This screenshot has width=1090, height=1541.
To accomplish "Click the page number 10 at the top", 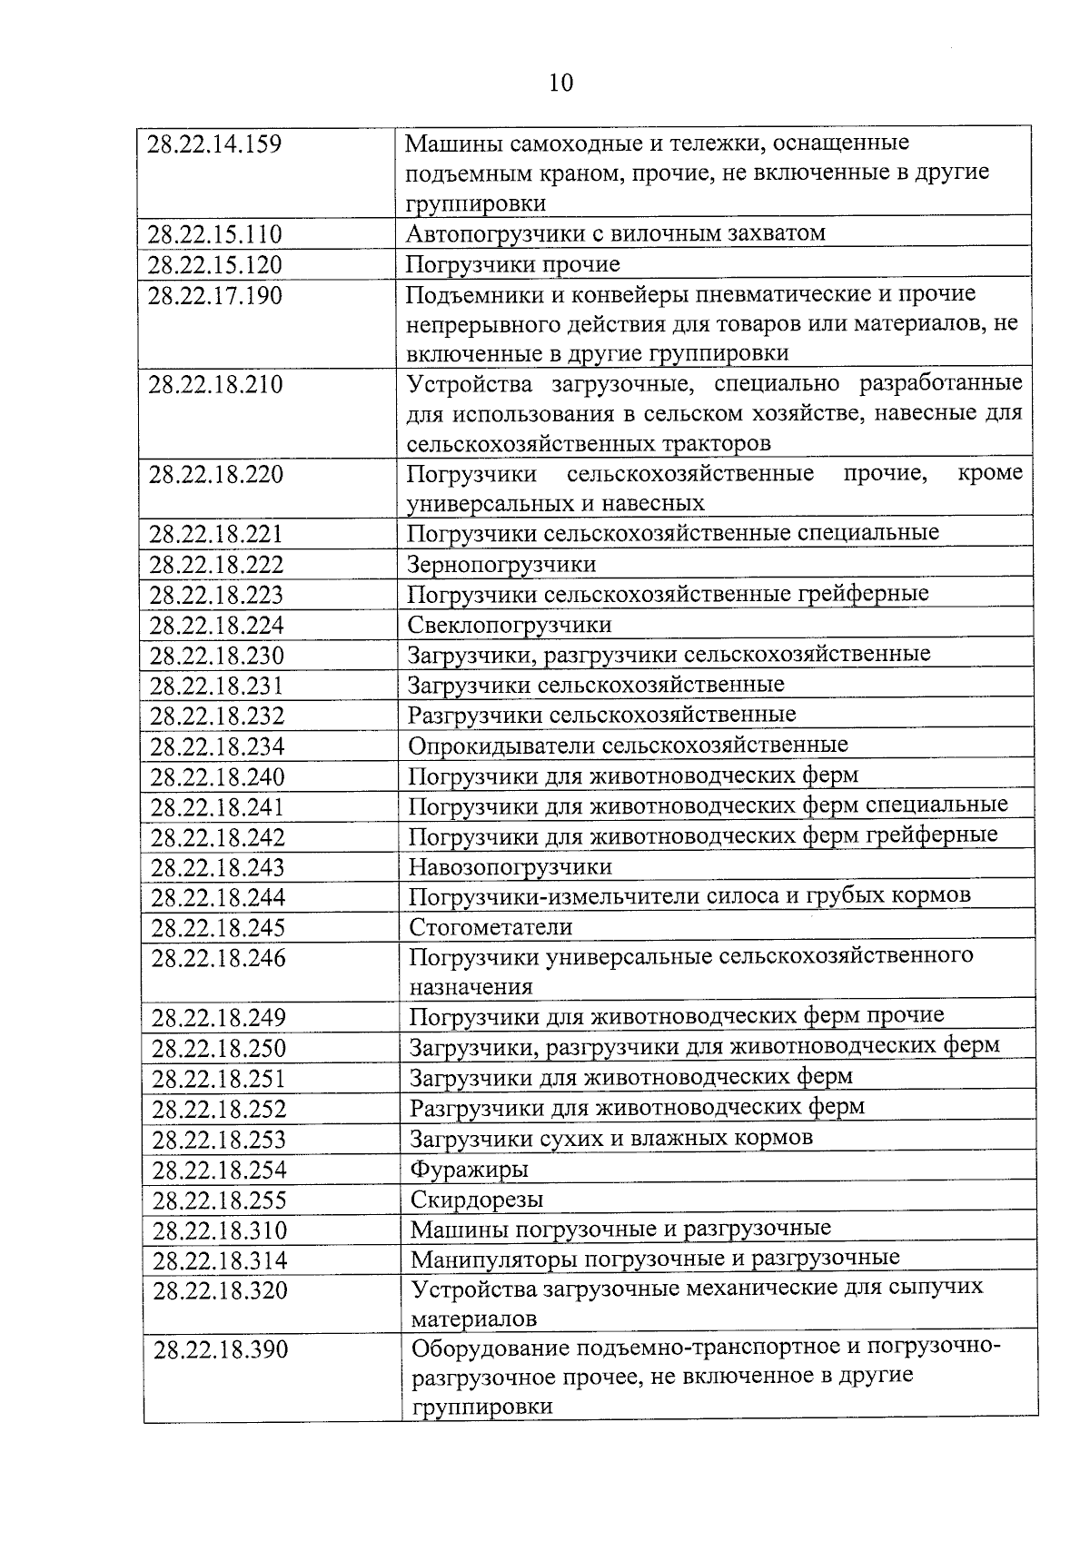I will (561, 83).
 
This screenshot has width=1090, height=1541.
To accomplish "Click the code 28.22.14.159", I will (214, 143).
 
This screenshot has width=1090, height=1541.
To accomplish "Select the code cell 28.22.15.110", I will (215, 235).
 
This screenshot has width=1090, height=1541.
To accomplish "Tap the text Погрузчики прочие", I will (513, 264).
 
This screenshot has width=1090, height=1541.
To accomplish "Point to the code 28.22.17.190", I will (215, 296).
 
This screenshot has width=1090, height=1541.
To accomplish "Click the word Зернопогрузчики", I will (501, 565).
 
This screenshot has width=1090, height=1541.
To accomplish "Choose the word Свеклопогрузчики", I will (510, 625).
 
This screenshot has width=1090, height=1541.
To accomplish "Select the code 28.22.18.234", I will (217, 746).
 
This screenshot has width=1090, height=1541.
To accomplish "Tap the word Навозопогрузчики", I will (510, 867).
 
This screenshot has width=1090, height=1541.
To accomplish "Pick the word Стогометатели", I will (490, 927).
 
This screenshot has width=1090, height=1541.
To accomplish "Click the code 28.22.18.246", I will (218, 958).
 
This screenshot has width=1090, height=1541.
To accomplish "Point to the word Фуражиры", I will (469, 1170).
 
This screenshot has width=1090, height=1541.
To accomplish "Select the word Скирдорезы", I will (477, 1200).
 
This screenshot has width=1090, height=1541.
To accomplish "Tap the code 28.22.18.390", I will (221, 1350).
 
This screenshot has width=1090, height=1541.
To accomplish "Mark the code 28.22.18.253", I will (219, 1140).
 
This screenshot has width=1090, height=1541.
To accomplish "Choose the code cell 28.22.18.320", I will (220, 1290).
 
